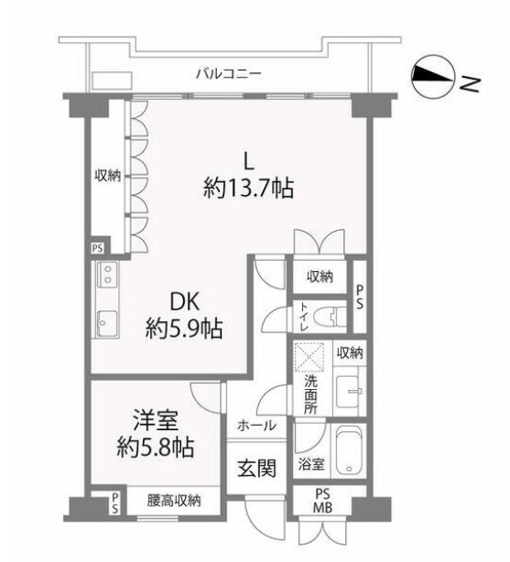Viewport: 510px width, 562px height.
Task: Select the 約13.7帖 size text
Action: (x=248, y=189)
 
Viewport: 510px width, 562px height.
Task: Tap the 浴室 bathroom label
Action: (x=311, y=464)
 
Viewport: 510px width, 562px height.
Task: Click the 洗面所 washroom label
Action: (x=310, y=394)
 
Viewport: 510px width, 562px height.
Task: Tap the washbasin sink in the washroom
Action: (x=349, y=391)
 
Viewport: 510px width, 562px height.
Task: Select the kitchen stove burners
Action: (x=105, y=275)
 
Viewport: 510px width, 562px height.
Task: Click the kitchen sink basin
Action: (x=104, y=323)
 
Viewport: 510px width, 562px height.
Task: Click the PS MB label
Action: (x=323, y=502)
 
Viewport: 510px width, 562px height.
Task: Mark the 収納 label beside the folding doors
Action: (x=107, y=176)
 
